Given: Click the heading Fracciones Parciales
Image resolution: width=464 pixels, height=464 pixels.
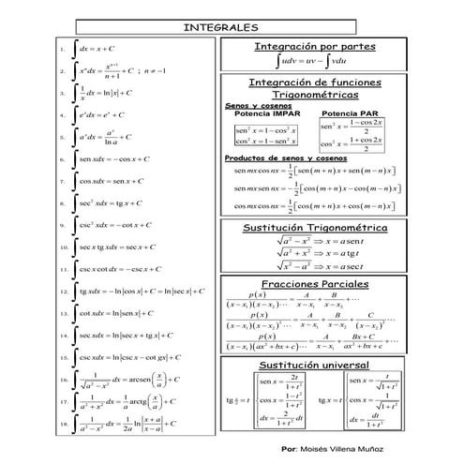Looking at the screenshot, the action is click(315, 284).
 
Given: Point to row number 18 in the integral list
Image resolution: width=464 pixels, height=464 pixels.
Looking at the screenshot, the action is click(62, 424).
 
